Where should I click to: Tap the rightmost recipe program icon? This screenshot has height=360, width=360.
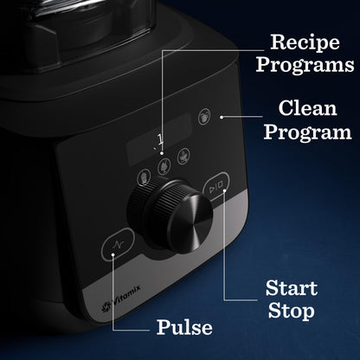point(183,157)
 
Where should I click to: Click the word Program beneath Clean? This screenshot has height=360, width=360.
point(307,132)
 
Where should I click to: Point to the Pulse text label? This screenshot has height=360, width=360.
point(183,327)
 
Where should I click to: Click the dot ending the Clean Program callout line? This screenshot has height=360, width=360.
point(222,116)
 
